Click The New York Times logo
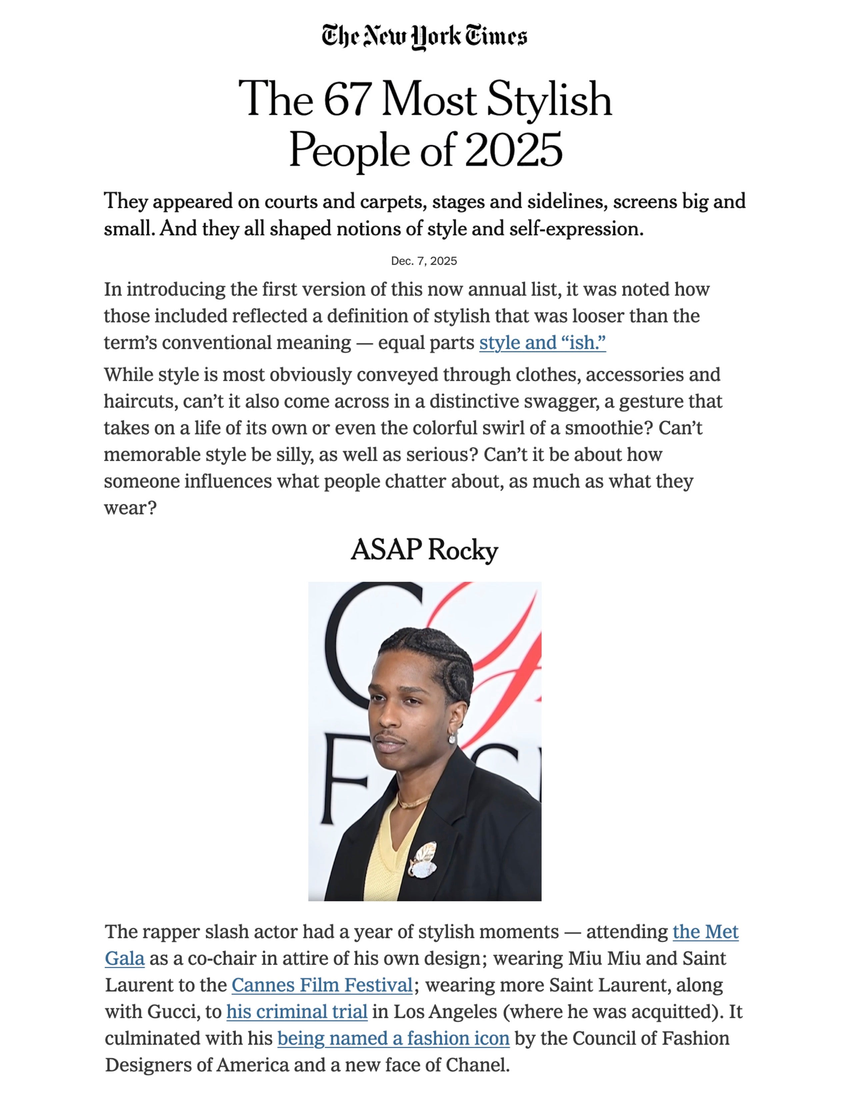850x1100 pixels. [424, 36]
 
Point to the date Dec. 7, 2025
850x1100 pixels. [424, 261]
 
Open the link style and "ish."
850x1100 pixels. [542, 343]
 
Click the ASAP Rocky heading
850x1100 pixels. [424, 549]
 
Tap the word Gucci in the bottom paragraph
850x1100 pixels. [173, 1012]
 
